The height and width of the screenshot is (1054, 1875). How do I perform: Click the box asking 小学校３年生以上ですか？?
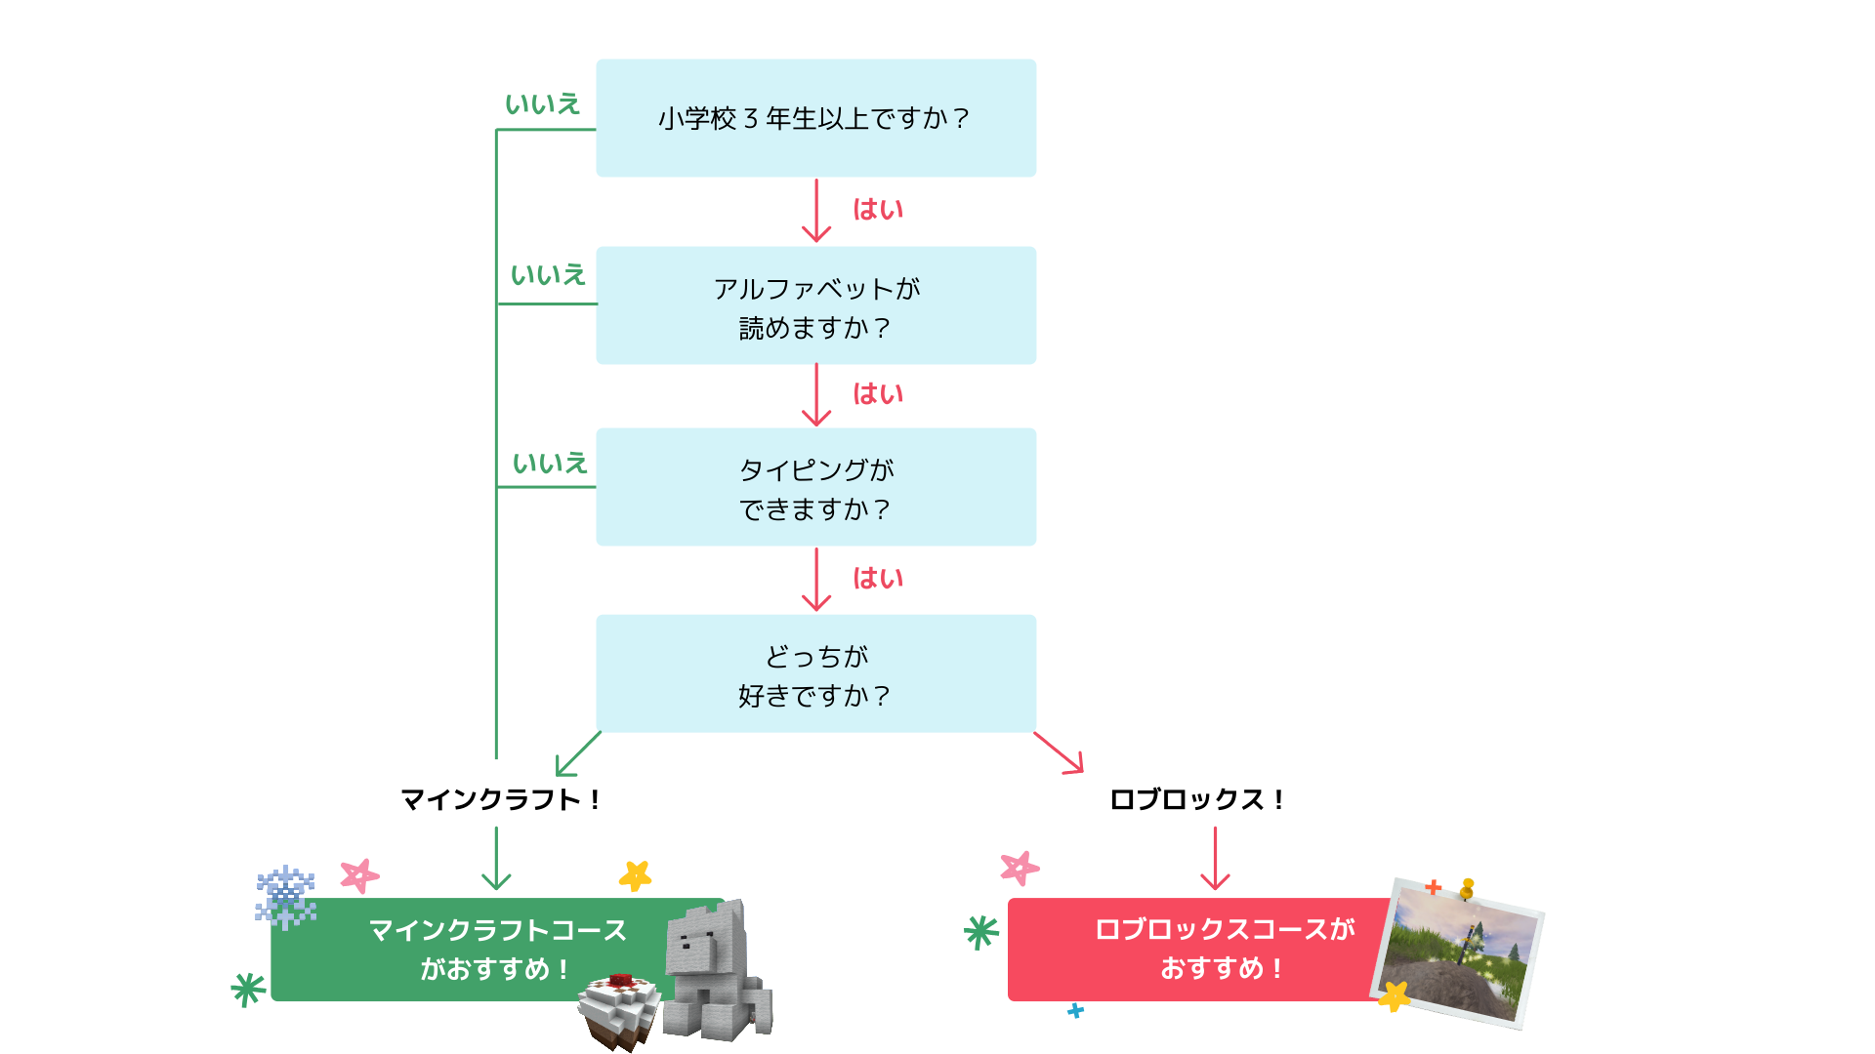point(815,118)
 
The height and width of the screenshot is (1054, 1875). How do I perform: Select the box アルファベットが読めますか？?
point(815,305)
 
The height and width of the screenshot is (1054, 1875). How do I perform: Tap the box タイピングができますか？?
point(815,487)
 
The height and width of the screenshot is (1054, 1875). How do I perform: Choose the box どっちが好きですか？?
point(815,673)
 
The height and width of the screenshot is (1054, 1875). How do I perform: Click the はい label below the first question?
point(878,210)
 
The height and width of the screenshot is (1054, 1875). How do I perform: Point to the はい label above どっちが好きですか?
point(878,579)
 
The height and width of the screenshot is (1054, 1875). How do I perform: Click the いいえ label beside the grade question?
point(542,104)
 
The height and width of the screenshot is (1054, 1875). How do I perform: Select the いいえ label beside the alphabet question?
point(548,275)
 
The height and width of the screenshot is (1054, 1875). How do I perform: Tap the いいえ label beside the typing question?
point(550,464)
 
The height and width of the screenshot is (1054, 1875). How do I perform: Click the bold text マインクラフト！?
point(500,800)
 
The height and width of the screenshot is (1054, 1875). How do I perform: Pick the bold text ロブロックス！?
point(1196,800)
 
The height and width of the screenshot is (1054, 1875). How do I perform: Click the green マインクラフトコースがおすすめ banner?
point(469,950)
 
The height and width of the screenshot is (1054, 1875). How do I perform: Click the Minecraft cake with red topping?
point(619,1010)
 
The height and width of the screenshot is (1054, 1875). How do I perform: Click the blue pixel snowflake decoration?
point(285,896)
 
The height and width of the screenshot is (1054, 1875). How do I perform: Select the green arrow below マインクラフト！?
point(496,859)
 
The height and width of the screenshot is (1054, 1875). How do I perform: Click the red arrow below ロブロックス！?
point(1215,859)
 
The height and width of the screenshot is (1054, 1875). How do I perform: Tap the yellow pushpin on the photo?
point(1467,888)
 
